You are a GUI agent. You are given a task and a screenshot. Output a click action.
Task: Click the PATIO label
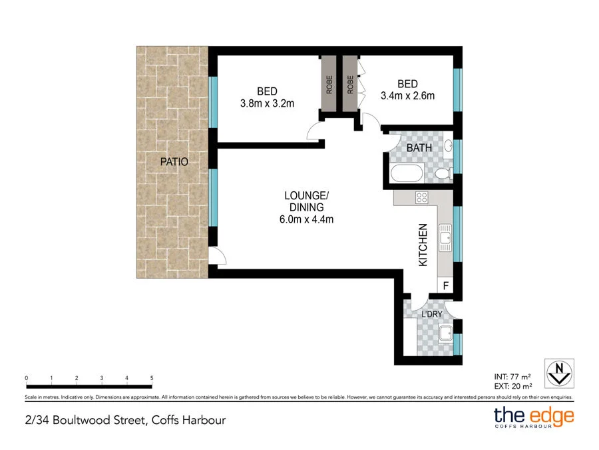tap(174, 161)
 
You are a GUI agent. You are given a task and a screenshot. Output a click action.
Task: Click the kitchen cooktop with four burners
tap(422, 198)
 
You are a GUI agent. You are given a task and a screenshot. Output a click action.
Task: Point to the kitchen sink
tap(445, 237)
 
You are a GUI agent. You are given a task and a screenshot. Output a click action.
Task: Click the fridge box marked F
tap(445, 285)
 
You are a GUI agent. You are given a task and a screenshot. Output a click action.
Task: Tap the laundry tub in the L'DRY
tap(445, 333)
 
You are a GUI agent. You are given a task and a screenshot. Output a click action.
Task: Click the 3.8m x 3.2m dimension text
tap(267, 103)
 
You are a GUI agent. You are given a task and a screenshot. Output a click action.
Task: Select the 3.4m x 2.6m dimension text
tap(407, 95)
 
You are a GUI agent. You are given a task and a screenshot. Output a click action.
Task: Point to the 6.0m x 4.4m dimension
tap(306, 219)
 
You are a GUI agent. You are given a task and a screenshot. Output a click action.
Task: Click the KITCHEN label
tap(423, 245)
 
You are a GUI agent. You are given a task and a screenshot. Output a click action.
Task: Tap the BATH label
tap(419, 148)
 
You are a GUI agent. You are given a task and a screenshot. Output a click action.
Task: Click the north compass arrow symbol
tap(559, 373)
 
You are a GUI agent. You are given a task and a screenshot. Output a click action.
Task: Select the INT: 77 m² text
tap(512, 377)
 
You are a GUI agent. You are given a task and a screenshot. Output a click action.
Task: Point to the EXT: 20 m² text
tap(513, 387)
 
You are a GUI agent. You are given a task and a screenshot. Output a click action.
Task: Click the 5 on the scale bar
tap(152, 378)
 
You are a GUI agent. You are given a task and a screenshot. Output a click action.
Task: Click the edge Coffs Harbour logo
tap(534, 417)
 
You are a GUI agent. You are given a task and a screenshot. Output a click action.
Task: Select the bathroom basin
tap(448, 146)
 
